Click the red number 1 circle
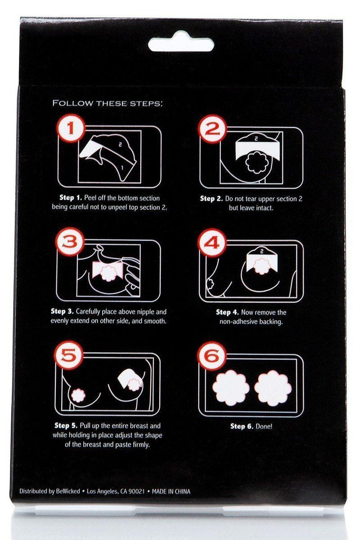click(x=71, y=129)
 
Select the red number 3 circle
click(x=70, y=242)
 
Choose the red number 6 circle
click(x=212, y=355)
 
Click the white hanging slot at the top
click(x=181, y=42)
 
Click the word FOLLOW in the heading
click(x=72, y=103)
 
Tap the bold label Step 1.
click(x=71, y=198)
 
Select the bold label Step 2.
click(x=211, y=199)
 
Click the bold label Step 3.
click(x=62, y=312)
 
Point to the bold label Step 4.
click(x=227, y=312)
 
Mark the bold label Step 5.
click(x=66, y=426)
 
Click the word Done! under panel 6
click(x=264, y=426)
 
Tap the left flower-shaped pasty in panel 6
click(x=231, y=388)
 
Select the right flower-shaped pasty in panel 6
click(x=273, y=388)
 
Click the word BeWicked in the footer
click(x=68, y=491)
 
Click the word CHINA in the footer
click(x=181, y=491)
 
